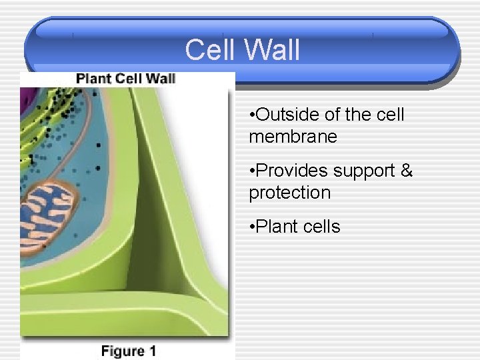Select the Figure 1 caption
[x=128, y=350]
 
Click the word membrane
[x=293, y=137]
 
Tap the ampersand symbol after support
[x=407, y=171]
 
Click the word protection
[x=290, y=193]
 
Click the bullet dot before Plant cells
[x=251, y=227]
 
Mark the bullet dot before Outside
[x=251, y=115]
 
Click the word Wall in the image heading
[x=161, y=79]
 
